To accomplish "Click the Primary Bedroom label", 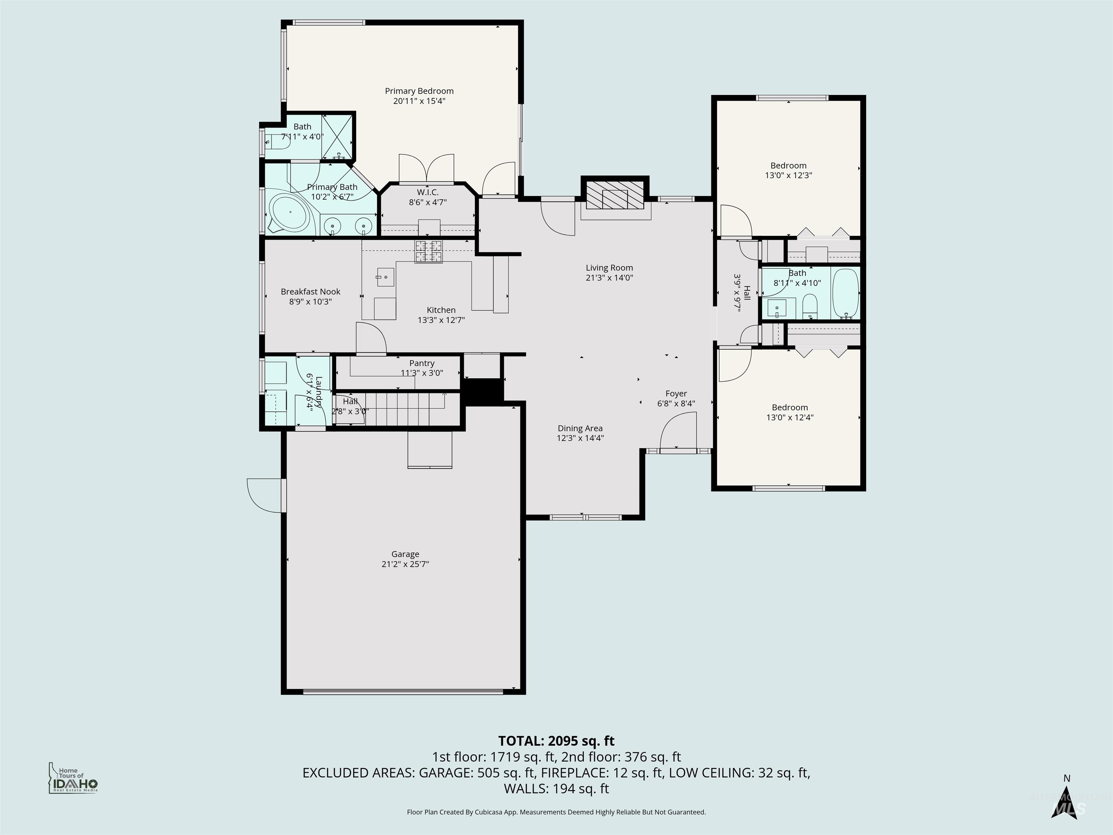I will pyautogui.click(x=419, y=91).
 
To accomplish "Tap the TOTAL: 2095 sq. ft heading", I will pyautogui.click(x=556, y=741).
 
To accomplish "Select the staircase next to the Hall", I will pyautogui.click(x=403, y=409).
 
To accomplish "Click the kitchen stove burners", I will pyautogui.click(x=428, y=251).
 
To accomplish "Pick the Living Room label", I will pyautogui.click(x=609, y=268).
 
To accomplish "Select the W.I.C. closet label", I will pyautogui.click(x=427, y=192).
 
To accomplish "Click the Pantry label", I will pyautogui.click(x=422, y=363).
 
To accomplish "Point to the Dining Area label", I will pyautogui.click(x=580, y=428).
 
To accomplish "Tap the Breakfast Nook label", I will pyautogui.click(x=310, y=291).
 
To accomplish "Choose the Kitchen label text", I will pyautogui.click(x=441, y=310).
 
